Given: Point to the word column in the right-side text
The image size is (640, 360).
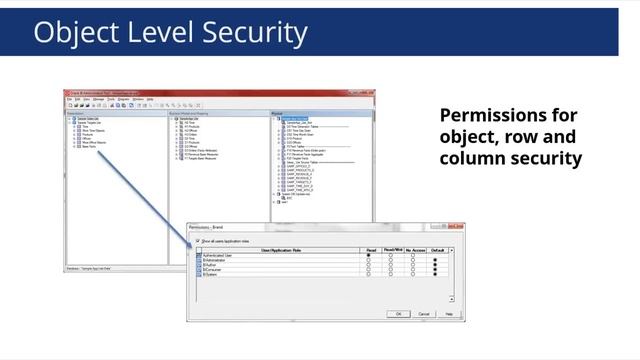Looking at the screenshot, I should [475, 158].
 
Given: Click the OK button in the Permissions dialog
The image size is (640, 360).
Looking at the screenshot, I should [398, 313].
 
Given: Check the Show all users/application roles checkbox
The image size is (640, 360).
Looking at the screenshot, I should [198, 241].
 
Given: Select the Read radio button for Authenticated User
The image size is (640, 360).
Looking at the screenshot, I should [368, 256].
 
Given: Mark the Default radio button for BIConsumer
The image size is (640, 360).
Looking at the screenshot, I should [435, 269].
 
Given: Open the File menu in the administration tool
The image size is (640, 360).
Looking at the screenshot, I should [68, 99].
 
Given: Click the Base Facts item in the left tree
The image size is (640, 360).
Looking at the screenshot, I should [89, 146].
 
